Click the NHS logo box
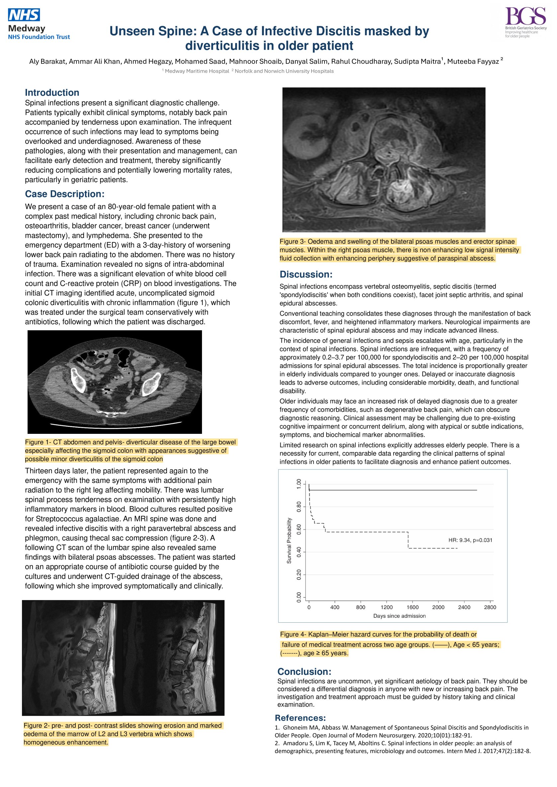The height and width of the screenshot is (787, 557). point(24,15)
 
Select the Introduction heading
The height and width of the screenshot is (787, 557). point(52,93)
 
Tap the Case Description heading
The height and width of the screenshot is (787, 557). point(64,194)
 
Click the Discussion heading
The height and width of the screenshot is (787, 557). point(306,274)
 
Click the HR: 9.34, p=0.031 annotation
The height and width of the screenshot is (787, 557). point(470,540)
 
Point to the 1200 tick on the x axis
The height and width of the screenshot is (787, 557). point(387,607)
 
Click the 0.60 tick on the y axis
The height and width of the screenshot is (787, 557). point(299,529)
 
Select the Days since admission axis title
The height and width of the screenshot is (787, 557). point(399,616)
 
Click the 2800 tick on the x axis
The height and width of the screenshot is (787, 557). point(490,607)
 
